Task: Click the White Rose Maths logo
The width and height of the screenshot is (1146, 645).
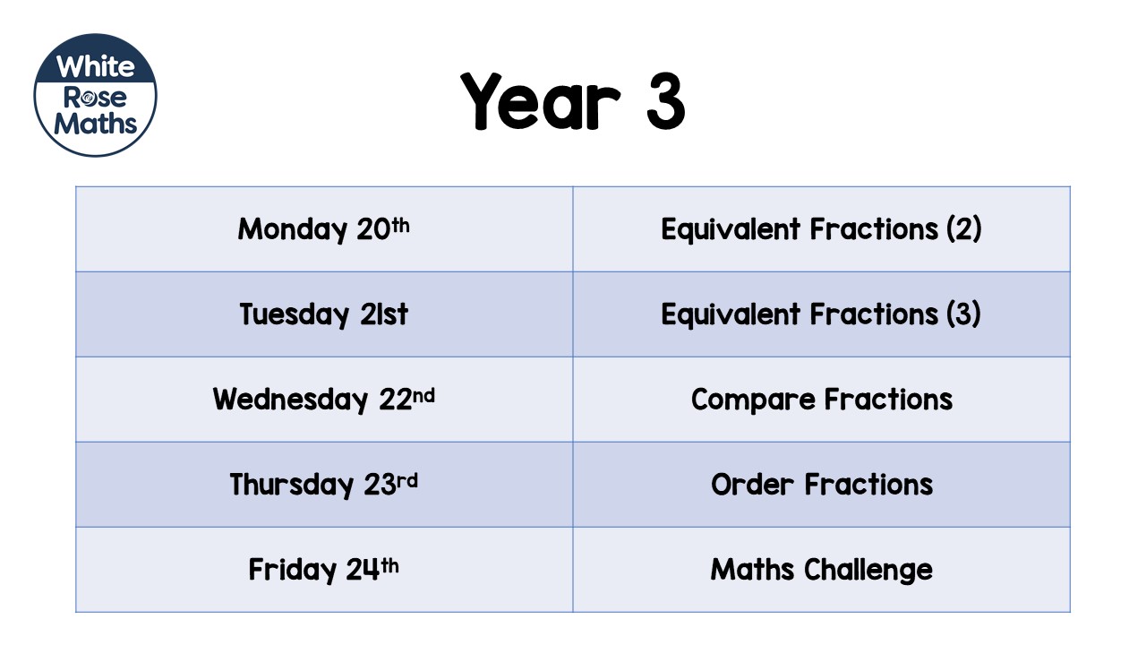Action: click(95, 95)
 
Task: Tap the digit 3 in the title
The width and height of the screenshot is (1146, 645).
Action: click(663, 100)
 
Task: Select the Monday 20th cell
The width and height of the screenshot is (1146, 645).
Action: click(323, 229)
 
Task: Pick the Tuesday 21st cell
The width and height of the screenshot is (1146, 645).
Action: click(323, 314)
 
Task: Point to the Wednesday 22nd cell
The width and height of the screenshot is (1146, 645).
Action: click(323, 400)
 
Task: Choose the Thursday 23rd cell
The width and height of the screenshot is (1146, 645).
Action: click(323, 485)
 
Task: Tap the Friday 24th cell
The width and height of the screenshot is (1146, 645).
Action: click(323, 570)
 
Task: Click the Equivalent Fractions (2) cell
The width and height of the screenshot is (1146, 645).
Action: click(821, 229)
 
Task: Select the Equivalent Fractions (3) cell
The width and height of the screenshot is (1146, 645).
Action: click(821, 314)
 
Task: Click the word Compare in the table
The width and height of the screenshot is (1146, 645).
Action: click(753, 400)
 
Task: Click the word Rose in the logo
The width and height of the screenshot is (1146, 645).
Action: click(95, 96)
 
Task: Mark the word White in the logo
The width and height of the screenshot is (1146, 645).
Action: click(95, 66)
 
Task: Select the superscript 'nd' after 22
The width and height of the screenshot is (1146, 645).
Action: click(424, 394)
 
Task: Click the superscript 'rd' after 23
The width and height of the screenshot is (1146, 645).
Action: click(407, 480)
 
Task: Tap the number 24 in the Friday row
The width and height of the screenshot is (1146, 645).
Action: click(363, 571)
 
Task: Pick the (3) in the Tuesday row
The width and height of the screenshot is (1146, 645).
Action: click(963, 314)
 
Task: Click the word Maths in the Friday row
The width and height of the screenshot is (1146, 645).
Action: click(753, 570)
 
